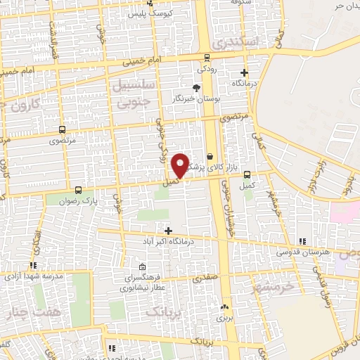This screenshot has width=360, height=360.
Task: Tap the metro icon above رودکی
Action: [x=207, y=58]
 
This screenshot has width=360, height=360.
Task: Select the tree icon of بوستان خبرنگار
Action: [x=196, y=88]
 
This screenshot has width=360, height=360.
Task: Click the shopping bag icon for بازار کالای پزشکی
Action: [x=210, y=157]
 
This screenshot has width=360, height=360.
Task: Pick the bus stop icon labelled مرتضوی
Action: [x=63, y=129]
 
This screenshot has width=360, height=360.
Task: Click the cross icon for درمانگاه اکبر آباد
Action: [x=168, y=231]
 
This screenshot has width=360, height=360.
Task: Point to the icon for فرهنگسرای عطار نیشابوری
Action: [x=143, y=267]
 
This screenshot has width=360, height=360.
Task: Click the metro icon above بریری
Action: [x=224, y=307]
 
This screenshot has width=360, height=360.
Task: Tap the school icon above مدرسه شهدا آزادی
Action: [x=32, y=265]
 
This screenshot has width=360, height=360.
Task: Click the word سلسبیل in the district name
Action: [x=127, y=86]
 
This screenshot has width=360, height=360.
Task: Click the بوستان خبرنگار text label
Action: [x=197, y=99]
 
